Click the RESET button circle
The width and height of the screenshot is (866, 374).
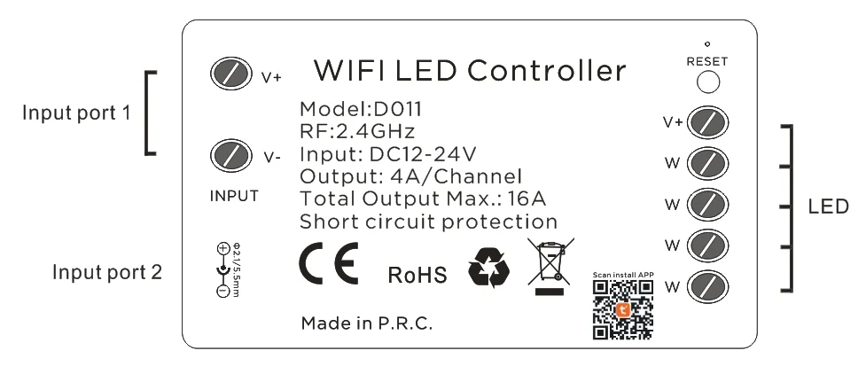click(707, 82)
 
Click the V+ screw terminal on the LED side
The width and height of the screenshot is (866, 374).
click(708, 122)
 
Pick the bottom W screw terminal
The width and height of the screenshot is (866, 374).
click(708, 284)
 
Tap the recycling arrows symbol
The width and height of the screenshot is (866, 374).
click(490, 270)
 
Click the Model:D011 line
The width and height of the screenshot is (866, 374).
click(360, 110)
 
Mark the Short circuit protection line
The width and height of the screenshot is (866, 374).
click(429, 220)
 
